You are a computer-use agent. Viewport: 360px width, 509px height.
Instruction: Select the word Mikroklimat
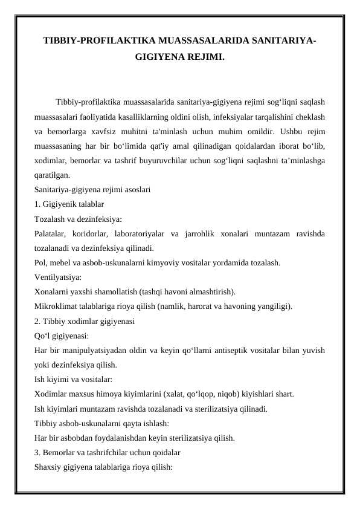56,306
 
